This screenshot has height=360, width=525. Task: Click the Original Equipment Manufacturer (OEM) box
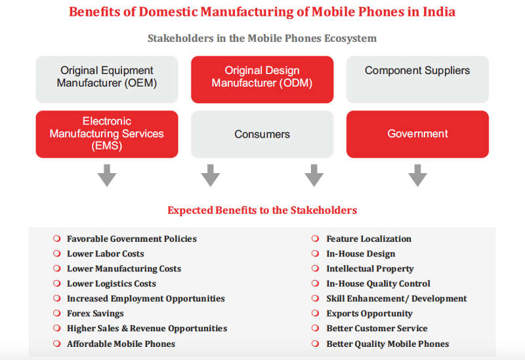coord(107,79)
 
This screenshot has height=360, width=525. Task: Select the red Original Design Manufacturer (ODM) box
coord(262,79)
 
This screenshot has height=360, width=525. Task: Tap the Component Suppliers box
coord(417,79)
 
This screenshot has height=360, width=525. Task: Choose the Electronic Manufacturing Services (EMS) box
coord(107,134)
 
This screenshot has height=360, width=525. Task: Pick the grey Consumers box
coord(262,134)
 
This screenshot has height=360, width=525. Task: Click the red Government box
coord(417,134)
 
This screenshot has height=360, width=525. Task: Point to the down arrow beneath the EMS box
coord(107,175)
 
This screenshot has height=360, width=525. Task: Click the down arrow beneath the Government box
coord(417,175)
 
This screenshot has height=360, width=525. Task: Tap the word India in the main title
coord(439,12)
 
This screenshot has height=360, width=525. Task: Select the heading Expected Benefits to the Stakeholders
coord(262,210)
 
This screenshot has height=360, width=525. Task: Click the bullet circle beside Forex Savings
coord(57,313)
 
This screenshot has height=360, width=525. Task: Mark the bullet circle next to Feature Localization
coord(315,239)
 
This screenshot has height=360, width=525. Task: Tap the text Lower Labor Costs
coord(106,254)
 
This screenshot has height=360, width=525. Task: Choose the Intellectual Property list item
coord(370,269)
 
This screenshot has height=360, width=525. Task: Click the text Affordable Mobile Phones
coord(121,344)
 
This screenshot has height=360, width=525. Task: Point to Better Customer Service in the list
coord(377,329)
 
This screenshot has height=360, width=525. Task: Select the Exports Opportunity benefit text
coord(369,313)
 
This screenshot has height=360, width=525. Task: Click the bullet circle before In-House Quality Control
coord(315,283)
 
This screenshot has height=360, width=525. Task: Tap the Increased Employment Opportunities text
coord(146,299)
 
